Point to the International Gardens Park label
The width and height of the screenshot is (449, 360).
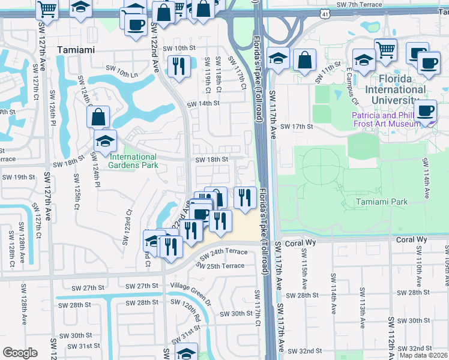(133, 161)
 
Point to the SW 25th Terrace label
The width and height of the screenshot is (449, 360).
(221, 266)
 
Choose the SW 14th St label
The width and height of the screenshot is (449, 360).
(203, 104)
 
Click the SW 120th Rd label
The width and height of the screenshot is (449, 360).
(192, 312)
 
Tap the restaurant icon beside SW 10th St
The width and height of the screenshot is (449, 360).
(178, 65)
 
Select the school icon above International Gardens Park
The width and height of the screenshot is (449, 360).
(105, 140)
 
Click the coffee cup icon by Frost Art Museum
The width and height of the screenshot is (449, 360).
(426, 110)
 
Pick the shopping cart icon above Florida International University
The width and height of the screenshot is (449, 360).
(385, 49)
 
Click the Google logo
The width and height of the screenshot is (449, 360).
(20, 352)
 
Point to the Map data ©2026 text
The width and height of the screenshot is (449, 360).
(424, 356)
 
